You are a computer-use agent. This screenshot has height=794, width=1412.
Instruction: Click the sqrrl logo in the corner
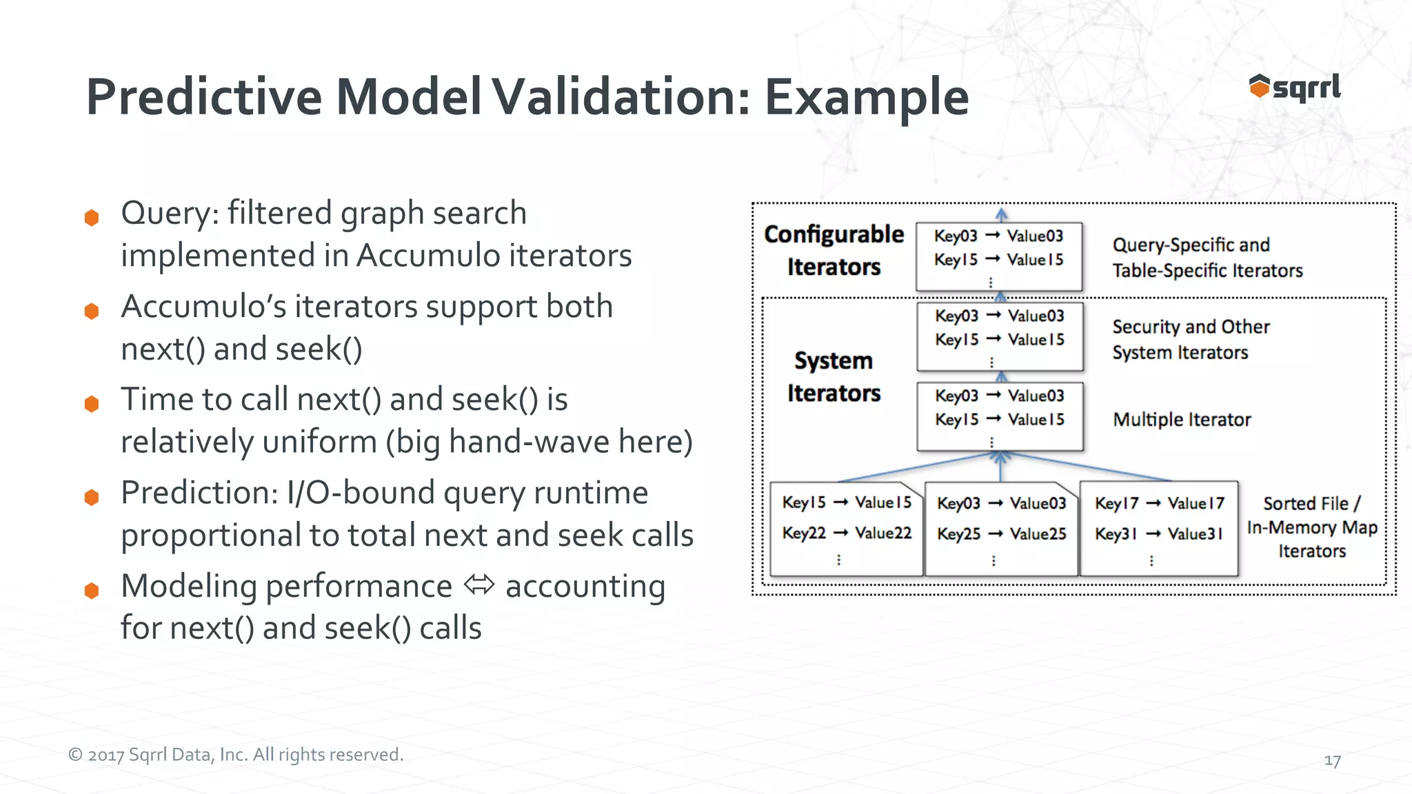[x=1294, y=88]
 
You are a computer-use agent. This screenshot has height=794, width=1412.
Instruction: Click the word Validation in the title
[x=620, y=96]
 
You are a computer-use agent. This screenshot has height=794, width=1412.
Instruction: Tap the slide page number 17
[x=1332, y=761]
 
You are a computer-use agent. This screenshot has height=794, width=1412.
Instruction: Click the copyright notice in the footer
[x=236, y=755]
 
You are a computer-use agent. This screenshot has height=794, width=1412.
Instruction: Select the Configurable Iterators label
[x=834, y=250]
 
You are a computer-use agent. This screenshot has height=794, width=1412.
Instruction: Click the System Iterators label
[x=834, y=376]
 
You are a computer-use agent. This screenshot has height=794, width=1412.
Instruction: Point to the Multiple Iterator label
[x=1182, y=420]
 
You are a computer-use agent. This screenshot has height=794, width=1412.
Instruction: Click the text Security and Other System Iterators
[x=1190, y=339]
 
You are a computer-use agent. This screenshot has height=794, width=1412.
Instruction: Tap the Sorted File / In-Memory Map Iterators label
[x=1311, y=527]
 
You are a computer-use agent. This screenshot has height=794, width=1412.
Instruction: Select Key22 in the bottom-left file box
[x=803, y=533]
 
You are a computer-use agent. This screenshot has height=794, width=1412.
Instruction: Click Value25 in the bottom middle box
[x=1038, y=533]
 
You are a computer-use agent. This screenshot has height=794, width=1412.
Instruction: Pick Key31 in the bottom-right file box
[x=1115, y=533]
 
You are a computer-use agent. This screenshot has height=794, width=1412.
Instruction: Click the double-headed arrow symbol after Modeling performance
[x=479, y=585]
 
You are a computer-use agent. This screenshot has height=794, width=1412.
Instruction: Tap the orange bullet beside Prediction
[x=92, y=497]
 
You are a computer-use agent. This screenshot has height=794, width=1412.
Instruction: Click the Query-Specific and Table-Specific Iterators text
[x=1207, y=258]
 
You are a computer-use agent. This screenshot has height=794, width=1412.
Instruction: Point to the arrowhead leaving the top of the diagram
[x=1001, y=214]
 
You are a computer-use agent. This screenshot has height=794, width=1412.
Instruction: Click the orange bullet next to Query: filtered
[x=92, y=218]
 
